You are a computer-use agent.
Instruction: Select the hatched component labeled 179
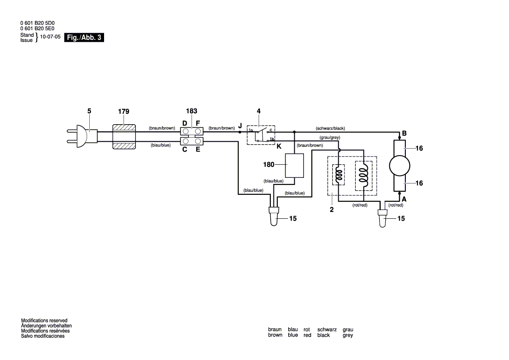pos(125,136)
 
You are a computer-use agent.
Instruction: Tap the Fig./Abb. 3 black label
pos(84,37)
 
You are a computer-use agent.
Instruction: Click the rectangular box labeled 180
pos(295,166)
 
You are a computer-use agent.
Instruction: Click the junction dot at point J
pos(240,131)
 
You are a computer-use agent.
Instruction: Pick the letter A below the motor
pos(405,199)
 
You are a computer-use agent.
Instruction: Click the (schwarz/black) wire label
pos(330,129)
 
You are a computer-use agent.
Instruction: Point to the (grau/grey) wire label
pos(327,138)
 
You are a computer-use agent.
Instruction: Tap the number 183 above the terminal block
pos(192,112)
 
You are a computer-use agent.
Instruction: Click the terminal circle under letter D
pos(186,131)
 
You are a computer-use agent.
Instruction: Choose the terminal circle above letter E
pos(198,141)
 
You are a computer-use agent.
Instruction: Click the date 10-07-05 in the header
pos(50,37)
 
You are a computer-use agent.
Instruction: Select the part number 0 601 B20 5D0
pos(40,23)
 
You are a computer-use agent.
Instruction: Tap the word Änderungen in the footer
pos(35,326)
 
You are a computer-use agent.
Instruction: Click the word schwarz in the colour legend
pos(327,329)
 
